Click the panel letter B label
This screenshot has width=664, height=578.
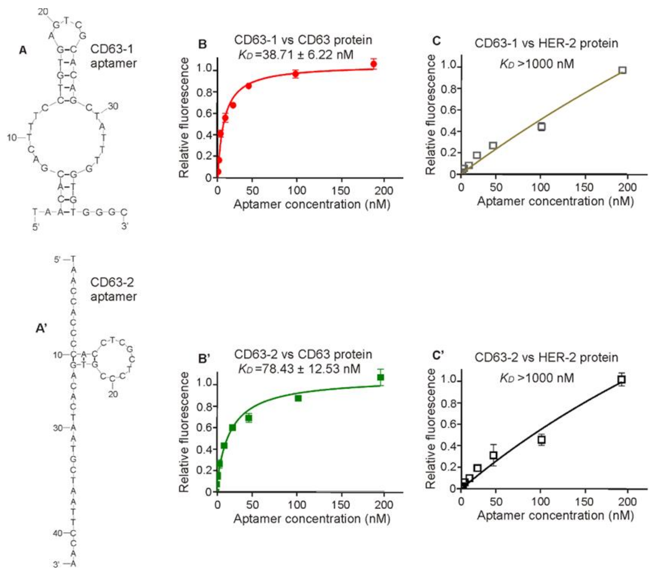coord(202,44)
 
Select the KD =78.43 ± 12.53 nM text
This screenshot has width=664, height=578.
coord(299,369)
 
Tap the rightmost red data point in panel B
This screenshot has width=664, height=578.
coord(374,64)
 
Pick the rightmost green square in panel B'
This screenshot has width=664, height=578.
coord(380,377)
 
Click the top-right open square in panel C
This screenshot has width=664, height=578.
coord(622,70)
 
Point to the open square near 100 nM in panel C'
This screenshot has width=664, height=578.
coord(542,440)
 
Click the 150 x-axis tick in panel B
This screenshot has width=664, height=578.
coord(341,191)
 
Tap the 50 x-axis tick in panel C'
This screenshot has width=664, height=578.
coord(496,502)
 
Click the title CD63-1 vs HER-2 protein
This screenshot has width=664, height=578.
coord(546,43)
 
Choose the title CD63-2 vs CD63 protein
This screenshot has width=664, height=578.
coord(303,354)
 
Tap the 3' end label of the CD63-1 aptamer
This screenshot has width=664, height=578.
coord(124,226)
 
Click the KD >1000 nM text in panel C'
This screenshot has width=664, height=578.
coord(537,378)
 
